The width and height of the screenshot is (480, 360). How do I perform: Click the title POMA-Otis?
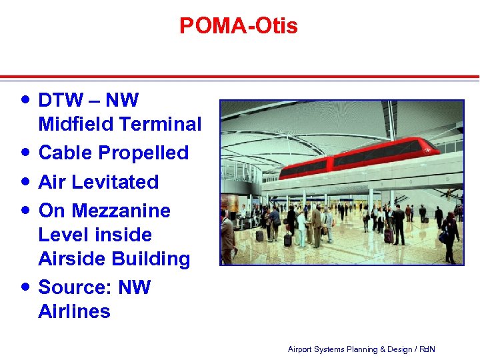click(239, 26)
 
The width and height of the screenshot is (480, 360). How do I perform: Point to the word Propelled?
click(143, 153)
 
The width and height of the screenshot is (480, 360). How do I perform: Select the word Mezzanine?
click(121, 211)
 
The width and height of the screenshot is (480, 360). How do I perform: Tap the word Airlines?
click(74, 311)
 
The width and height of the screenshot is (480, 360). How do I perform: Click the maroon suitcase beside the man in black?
click(388, 235)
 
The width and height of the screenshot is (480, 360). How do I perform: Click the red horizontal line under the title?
click(240, 77)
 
